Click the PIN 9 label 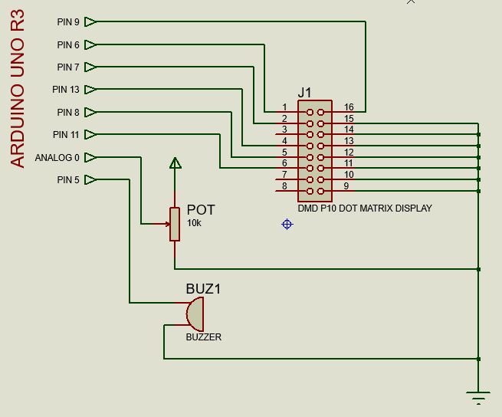click(68, 21)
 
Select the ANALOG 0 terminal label click(57, 158)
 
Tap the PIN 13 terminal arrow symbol click(90, 90)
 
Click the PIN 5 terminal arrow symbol click(90, 179)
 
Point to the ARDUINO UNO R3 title click(18, 88)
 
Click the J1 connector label click(304, 93)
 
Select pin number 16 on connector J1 click(349, 107)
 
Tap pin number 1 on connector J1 click(284, 107)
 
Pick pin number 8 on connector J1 click(284, 186)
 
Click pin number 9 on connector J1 click(346, 186)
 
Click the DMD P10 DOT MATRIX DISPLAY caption click(365, 208)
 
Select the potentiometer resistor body click(175, 224)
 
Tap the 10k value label click(194, 223)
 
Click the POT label click(201, 210)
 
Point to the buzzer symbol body click(195, 314)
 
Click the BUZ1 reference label click(203, 289)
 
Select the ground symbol click(478, 398)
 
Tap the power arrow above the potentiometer click(175, 163)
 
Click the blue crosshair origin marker click(287, 224)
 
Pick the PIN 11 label click(66, 135)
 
